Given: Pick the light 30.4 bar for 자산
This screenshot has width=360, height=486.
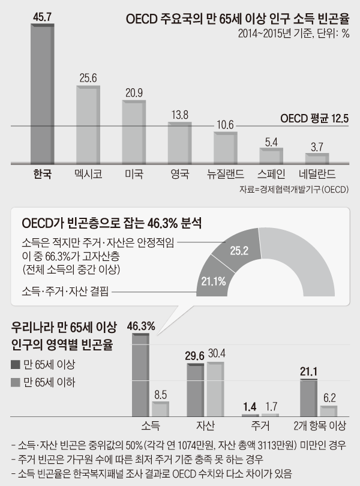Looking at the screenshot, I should pyautogui.click(x=214, y=388).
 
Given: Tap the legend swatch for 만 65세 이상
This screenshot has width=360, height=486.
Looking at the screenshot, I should pyautogui.click(x=16, y=364).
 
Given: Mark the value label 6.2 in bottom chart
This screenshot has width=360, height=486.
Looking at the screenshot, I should pyautogui.click(x=329, y=397).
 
